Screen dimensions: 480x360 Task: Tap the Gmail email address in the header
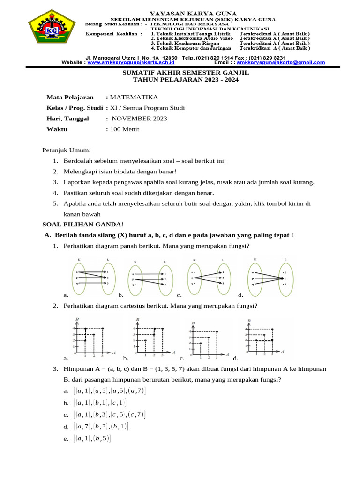pos(281,62)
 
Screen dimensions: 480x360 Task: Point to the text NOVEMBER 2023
pos(139,119)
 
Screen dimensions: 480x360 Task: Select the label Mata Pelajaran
pos(70,97)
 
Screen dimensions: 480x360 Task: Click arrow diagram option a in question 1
pos(92,277)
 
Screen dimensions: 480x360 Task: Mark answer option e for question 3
pos(92,438)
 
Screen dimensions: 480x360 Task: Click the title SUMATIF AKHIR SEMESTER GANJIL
pos(186,73)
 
